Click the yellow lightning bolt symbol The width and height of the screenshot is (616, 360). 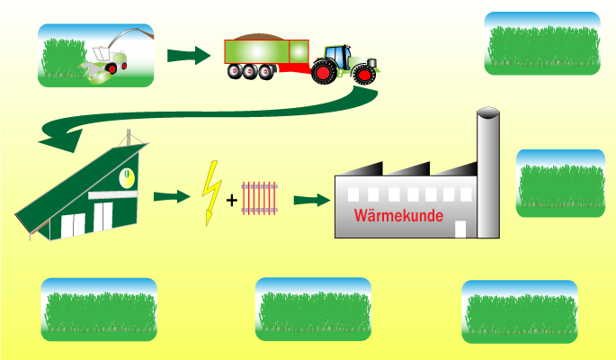click(212, 192)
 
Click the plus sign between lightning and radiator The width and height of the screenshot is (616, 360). click(232, 200)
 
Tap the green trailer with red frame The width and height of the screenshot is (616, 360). click(266, 52)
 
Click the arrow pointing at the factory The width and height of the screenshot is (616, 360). click(310, 199)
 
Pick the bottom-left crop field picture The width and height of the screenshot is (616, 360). click(99, 310)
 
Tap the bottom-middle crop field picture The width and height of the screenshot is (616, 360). click(313, 310)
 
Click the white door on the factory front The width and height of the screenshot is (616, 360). click(460, 229)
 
